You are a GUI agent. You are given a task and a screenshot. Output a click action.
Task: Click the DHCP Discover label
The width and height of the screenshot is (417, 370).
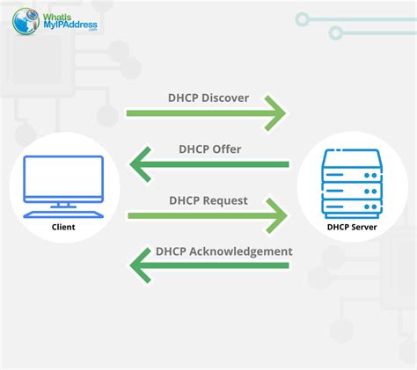(208, 98)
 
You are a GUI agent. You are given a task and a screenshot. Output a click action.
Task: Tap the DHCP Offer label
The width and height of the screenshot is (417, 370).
(210, 149)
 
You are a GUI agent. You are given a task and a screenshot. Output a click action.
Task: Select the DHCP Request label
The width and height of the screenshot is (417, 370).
(208, 201)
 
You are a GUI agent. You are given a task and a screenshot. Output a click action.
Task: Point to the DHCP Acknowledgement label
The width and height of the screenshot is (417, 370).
(224, 251)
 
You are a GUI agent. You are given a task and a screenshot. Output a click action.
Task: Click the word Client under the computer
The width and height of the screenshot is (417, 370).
(63, 227)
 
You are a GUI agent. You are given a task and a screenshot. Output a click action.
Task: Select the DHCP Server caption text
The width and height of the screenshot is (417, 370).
(352, 227)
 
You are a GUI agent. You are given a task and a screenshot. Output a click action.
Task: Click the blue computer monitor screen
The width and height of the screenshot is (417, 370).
(63, 178)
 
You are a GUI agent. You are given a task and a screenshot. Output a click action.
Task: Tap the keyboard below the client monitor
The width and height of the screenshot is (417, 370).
(63, 214)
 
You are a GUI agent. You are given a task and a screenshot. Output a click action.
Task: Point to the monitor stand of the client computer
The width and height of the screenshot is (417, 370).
(63, 205)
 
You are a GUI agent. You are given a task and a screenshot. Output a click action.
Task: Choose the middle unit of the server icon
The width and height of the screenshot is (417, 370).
(352, 192)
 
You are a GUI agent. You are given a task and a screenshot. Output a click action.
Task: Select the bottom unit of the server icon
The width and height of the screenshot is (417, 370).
(352, 208)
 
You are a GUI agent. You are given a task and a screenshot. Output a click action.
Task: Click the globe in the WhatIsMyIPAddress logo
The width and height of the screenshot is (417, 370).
(26, 21)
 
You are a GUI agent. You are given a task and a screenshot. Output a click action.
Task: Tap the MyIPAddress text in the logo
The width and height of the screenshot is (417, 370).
(70, 25)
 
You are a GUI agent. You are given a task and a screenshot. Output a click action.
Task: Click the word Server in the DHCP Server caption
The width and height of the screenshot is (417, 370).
(364, 227)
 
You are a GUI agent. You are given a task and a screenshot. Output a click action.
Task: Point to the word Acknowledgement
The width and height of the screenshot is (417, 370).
(241, 251)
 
